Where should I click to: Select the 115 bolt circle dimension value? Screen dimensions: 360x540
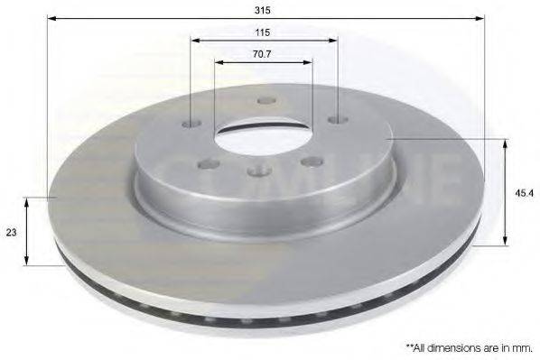pos(264,32)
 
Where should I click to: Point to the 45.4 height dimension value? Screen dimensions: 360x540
pos(521,191)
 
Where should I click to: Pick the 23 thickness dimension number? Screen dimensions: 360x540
pos(12,232)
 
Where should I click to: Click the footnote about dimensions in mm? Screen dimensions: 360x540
pos(468,346)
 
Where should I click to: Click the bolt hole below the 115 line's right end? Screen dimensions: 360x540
pos(336,120)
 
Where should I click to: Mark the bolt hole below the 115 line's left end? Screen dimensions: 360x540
pos(191,124)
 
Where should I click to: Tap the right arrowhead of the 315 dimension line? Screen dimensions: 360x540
pos(482,18)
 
